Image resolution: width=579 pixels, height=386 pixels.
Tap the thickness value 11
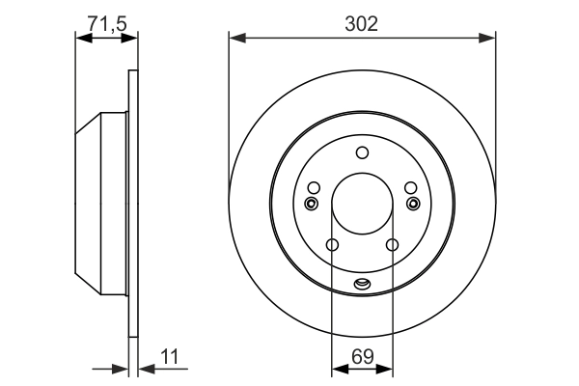[x=171, y=356]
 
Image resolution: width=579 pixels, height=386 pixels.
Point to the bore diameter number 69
[x=362, y=356]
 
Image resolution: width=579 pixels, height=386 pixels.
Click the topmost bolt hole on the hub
[x=362, y=152]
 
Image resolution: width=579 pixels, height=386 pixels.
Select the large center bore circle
[x=362, y=206]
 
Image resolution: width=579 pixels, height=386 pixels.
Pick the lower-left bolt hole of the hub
[x=332, y=245]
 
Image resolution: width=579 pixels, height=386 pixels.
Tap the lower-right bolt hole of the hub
[x=392, y=245]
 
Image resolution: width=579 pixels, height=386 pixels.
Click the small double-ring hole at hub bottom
[x=362, y=284]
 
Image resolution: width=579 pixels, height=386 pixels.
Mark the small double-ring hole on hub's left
[x=311, y=204]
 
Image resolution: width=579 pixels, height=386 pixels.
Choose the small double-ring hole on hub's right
[x=413, y=204]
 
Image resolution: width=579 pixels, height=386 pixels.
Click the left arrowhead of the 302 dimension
[x=235, y=39]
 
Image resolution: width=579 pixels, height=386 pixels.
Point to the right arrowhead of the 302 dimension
[x=488, y=39]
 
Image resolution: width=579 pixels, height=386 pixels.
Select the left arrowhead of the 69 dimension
[x=338, y=369]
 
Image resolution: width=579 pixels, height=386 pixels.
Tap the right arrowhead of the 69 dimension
[x=386, y=369]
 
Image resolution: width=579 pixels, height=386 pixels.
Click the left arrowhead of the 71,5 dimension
[x=82, y=39]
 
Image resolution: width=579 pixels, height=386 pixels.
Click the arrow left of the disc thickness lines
[x=121, y=369]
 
